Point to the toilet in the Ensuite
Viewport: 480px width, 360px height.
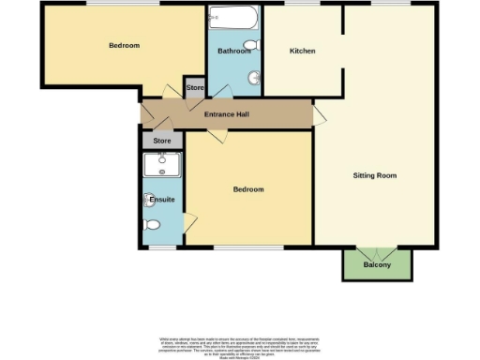(x=153, y=225)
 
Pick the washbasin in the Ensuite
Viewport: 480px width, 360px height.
(x=150, y=200)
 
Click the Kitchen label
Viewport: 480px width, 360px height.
(x=302, y=51)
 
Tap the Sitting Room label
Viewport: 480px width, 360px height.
(x=374, y=175)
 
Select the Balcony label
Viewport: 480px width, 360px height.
(x=377, y=265)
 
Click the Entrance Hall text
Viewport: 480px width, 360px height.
(x=226, y=114)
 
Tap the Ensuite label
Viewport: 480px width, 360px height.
(x=162, y=200)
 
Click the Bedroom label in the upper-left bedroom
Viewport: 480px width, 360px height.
(x=124, y=45)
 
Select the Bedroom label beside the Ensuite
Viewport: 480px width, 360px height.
(x=248, y=189)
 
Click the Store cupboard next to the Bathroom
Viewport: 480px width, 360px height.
(x=195, y=88)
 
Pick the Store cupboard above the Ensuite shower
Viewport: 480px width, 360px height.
(x=162, y=141)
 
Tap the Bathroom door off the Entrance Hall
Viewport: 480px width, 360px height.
(x=222, y=92)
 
